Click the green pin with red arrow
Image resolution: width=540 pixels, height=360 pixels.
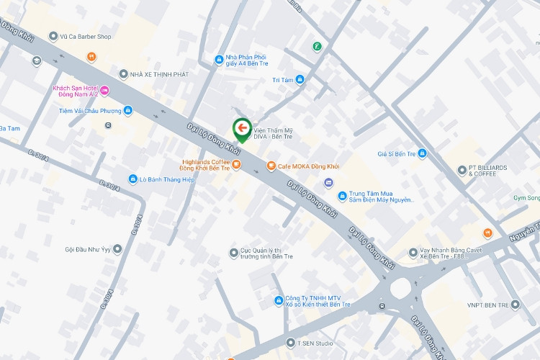click(242, 129)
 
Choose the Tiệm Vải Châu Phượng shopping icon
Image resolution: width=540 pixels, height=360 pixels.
click(127, 110)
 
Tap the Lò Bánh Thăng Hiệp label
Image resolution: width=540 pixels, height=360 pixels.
click(166, 179)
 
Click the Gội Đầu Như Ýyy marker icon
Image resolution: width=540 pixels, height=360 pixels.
click(117, 249)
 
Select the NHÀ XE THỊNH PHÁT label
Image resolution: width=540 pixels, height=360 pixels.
click(158, 74)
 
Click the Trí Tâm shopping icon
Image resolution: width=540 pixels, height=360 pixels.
click(300, 79)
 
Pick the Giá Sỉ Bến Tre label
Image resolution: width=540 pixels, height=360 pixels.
click(397, 153)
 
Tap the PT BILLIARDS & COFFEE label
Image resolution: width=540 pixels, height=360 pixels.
click(487, 171)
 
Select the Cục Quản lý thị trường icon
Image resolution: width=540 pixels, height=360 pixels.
click(233, 252)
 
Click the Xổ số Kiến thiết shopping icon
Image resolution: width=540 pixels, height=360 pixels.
click(278, 300)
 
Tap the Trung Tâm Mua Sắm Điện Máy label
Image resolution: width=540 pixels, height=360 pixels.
click(379, 197)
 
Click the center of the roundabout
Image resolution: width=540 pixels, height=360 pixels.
click(400, 290)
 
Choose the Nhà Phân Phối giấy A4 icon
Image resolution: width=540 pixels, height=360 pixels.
click(219, 59)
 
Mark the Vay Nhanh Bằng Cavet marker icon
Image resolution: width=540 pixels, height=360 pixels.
click(413, 253)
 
